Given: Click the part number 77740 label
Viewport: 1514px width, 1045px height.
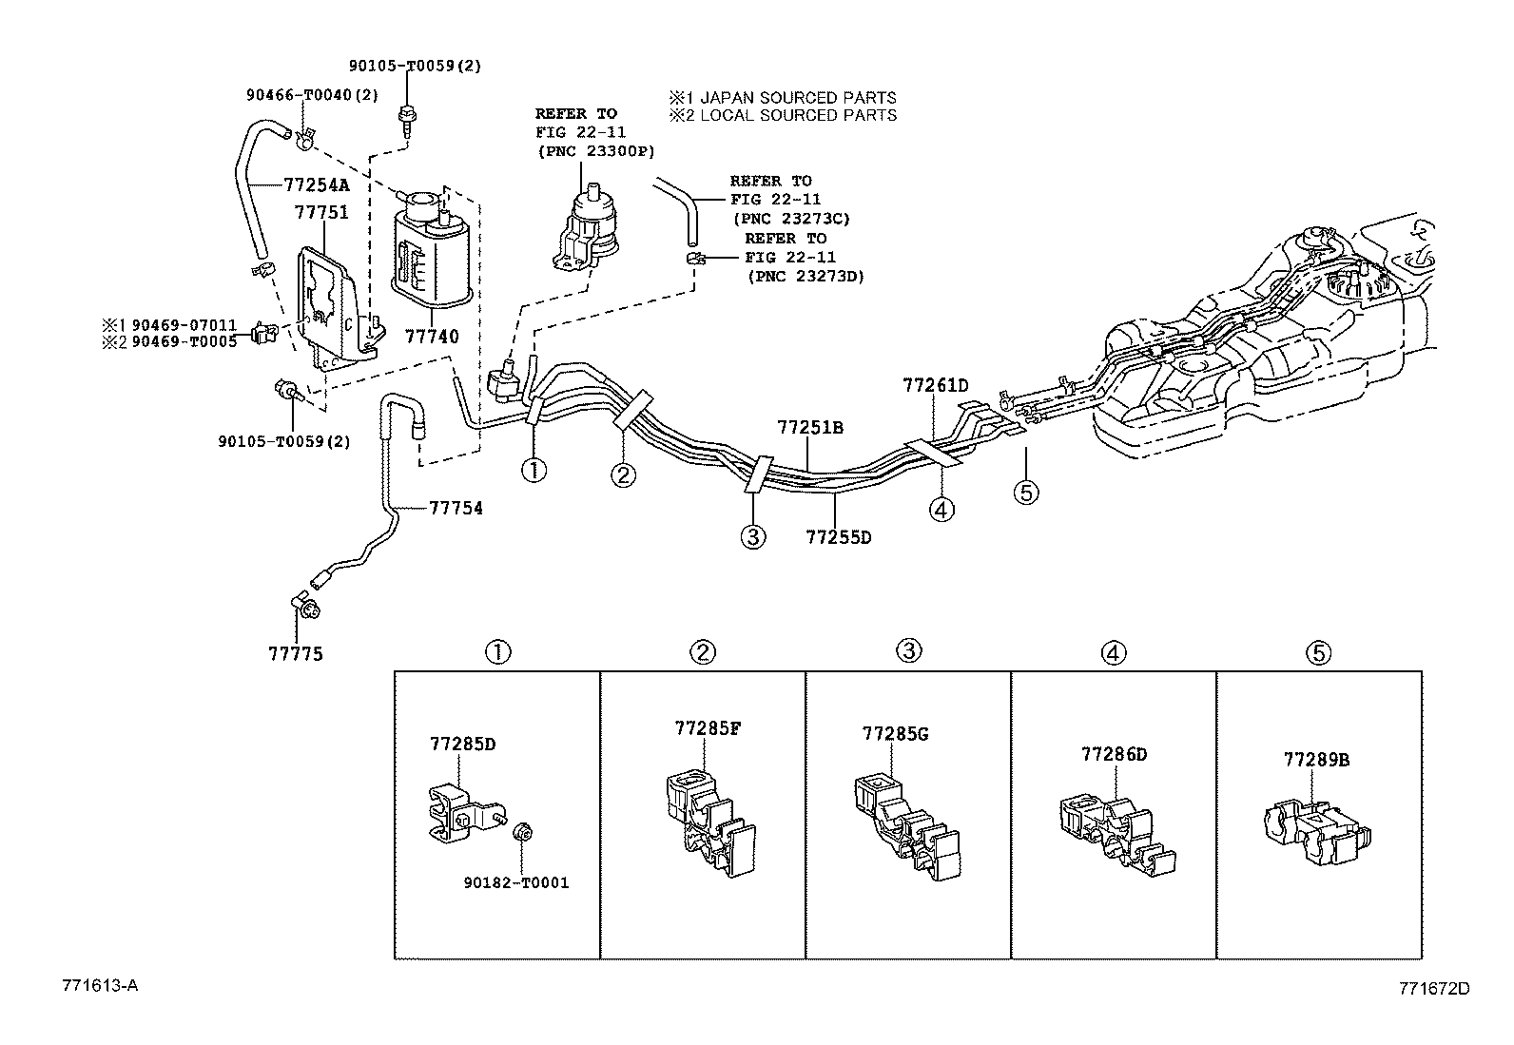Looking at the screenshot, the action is pyautogui.click(x=431, y=336).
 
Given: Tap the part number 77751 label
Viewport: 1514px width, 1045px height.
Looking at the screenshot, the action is pyautogui.click(x=321, y=212).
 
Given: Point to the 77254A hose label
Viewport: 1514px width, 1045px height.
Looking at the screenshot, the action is pyautogui.click(x=317, y=184).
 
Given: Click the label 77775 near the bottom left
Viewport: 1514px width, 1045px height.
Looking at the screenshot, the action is pyautogui.click(x=296, y=653).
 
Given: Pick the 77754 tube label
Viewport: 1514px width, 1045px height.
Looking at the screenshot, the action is pyautogui.click(x=456, y=508).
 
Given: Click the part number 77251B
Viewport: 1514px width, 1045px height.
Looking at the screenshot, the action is pyautogui.click(x=809, y=427).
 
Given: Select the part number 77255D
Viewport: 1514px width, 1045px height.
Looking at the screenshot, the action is pyautogui.click(x=838, y=537).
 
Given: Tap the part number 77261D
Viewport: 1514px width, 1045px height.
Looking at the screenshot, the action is pyautogui.click(x=936, y=385).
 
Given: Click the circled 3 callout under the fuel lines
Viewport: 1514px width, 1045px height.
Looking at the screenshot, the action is pyautogui.click(x=753, y=536).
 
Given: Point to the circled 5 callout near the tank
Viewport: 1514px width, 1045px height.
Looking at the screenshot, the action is pyautogui.click(x=1026, y=493).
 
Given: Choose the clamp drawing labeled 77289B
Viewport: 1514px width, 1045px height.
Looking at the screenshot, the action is pyautogui.click(x=1316, y=833).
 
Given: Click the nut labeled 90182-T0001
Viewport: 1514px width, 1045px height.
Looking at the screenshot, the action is pyautogui.click(x=522, y=831).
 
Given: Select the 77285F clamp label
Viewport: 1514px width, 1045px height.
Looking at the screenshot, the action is pyautogui.click(x=708, y=728).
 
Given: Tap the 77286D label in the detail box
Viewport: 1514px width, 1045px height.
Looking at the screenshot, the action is pyautogui.click(x=1114, y=754).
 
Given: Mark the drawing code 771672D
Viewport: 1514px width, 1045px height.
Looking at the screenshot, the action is pyautogui.click(x=1434, y=989).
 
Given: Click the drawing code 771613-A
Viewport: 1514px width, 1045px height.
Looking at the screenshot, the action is pyautogui.click(x=100, y=985).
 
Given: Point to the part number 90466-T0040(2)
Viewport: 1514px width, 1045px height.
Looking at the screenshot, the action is pyautogui.click(x=312, y=95).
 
